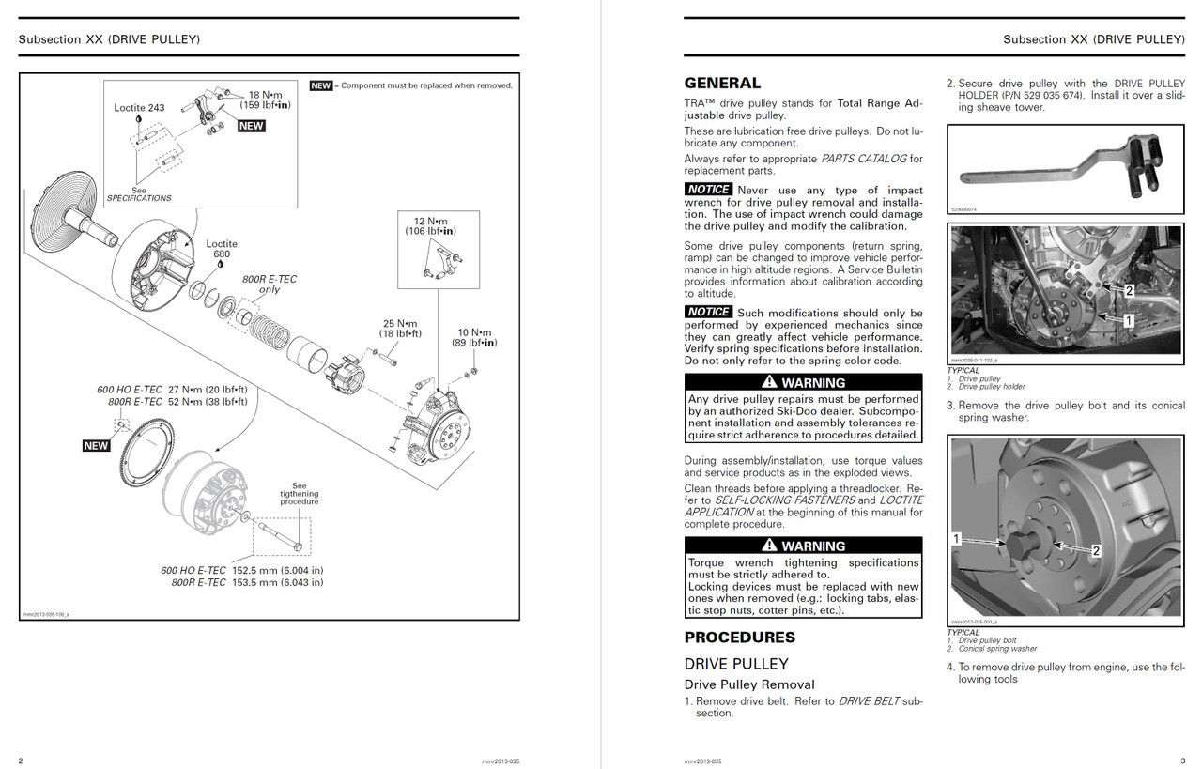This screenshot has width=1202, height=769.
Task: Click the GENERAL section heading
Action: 722,83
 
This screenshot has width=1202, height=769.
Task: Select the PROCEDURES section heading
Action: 739,638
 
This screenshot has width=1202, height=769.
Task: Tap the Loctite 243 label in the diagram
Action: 139,108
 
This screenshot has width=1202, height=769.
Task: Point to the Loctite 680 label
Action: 222,250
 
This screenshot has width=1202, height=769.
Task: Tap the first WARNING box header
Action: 803,382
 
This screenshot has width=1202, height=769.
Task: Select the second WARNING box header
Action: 803,546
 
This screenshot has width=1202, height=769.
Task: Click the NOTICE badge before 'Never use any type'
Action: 708,190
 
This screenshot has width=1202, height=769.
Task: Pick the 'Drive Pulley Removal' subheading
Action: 749,684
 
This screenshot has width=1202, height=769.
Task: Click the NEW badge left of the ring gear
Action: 96,446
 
